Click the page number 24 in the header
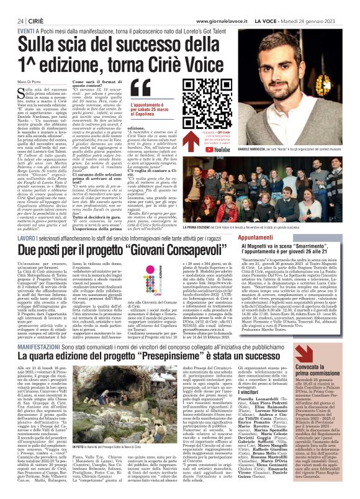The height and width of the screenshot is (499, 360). point(12,20)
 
